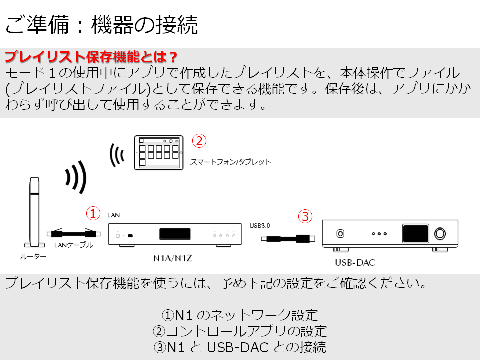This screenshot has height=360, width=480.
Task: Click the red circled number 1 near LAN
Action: coord(93,213)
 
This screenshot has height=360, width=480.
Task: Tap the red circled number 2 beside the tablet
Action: coord(199,141)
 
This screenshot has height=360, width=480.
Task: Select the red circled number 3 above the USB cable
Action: coord(305,216)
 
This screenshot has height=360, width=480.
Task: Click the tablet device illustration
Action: coord(159,153)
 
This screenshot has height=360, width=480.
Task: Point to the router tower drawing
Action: coord(34,212)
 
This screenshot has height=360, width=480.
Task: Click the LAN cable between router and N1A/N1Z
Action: coord(74,234)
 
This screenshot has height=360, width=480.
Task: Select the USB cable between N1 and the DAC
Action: coord(288,239)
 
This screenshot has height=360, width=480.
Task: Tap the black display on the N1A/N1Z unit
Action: coord(175,234)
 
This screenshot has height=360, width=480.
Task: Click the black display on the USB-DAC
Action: coord(415,234)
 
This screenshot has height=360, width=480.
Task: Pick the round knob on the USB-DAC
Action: coord(440,234)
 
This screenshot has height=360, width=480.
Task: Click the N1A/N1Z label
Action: coord(173,258)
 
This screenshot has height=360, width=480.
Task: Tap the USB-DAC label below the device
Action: coord(355,263)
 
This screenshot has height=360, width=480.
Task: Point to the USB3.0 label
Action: coord(260,226)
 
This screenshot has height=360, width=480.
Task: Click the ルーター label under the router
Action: coord(33,257)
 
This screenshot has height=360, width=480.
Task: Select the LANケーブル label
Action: coord(74,245)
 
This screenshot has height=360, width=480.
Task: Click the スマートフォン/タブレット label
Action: coord(231,162)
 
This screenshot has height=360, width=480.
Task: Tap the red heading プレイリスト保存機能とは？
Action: coord(91,57)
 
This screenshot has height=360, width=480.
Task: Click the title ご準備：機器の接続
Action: coord(102,25)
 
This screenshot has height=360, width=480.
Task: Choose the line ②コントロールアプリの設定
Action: coord(240,331)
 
